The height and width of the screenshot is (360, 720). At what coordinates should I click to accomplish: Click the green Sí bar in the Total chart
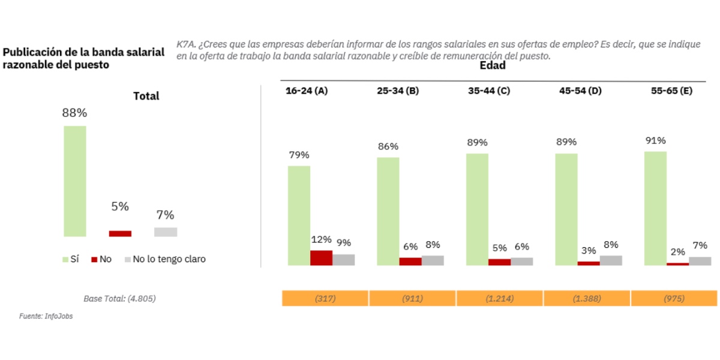coord(75,181)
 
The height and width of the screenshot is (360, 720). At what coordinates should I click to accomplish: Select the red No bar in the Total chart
coord(120,233)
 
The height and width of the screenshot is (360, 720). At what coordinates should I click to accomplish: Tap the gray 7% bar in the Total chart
coord(166,232)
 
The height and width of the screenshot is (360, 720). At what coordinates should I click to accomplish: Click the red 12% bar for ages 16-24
coord(321,257)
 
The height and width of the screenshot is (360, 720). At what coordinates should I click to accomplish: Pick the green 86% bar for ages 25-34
coord(388,211)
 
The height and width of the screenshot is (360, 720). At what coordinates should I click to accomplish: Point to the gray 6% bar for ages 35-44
coord(521,261)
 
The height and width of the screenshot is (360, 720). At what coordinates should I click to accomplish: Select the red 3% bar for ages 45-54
coord(588,263)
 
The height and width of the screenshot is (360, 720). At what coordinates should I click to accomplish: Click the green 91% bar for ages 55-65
coord(655,208)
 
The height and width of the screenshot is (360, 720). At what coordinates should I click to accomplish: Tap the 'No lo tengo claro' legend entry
coord(164,259)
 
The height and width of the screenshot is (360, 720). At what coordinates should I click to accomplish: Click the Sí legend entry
coord(70,259)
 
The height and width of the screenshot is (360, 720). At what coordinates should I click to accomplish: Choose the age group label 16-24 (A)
coord(306,91)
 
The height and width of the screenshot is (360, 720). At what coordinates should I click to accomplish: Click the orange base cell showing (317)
coord(325,298)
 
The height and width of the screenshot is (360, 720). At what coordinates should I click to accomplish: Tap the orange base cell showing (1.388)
coord(586,298)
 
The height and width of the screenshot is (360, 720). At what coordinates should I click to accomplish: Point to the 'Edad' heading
coord(492,66)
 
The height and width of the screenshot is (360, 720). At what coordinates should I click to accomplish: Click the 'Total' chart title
coord(146,96)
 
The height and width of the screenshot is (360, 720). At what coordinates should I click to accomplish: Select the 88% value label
coord(75,113)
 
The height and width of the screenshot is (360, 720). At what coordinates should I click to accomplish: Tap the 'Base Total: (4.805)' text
coord(119,298)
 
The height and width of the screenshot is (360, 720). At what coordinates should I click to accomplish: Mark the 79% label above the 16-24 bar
coord(298,155)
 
